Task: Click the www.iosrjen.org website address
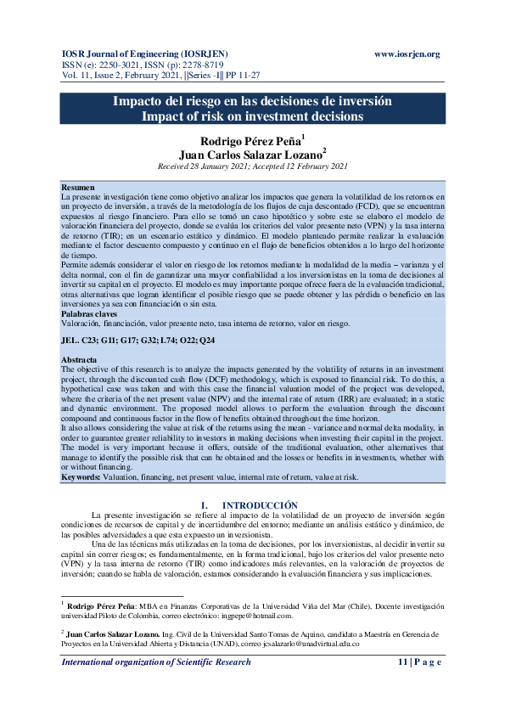[407, 53]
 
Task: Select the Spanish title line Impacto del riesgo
[252, 101]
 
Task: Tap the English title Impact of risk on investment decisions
[252, 115]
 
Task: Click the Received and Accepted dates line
[252, 167]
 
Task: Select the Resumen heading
[79, 186]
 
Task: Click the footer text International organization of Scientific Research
[156, 661]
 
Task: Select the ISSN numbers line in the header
[129, 65]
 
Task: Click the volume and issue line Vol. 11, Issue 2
[154, 76]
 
